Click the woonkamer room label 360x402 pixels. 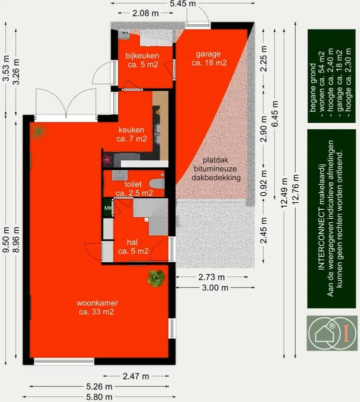pyautogui.click(x=97, y=307)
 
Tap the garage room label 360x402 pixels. pyautogui.click(x=209, y=58)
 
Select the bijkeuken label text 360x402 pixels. pyautogui.click(x=142, y=55)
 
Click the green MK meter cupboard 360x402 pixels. pyautogui.click(x=108, y=208)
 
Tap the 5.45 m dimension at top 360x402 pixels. pyautogui.click(x=182, y=3)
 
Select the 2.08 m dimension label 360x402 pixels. pyautogui.click(x=145, y=13)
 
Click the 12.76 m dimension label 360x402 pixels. pyautogui.click(x=295, y=189)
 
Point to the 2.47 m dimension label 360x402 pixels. pyautogui.click(x=136, y=376)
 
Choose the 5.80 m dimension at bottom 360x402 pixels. pyautogui.click(x=99, y=397)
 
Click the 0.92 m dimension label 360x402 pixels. pyautogui.click(x=264, y=183)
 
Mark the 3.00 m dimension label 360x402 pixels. pyautogui.click(x=215, y=288)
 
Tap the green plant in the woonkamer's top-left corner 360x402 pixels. pyautogui.click(x=38, y=132)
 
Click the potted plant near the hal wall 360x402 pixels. pyautogui.click(x=155, y=278)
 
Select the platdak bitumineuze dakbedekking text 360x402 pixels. pyautogui.click(x=216, y=169)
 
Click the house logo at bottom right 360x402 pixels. pyautogui.click(x=332, y=333)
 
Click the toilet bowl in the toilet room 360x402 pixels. pyautogui.click(x=156, y=184)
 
